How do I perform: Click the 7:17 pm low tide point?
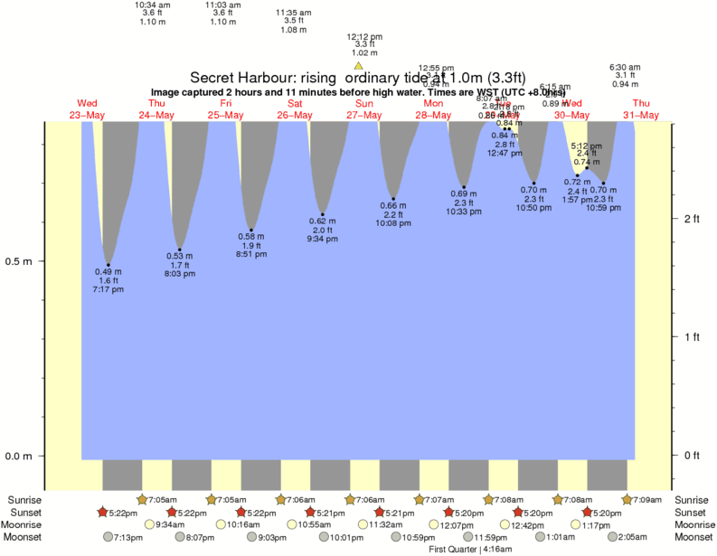pos(108,265)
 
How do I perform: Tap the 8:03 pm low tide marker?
pos(180,250)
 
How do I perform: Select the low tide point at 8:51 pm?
pos(251,231)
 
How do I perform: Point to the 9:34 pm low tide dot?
pos(322,214)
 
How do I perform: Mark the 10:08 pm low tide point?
pos(393,198)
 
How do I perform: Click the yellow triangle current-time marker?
pos(359,66)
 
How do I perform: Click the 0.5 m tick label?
pos(19,262)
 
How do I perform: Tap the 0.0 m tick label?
pos(19,457)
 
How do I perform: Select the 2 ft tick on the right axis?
pos(692,220)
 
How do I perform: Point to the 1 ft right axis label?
pos(692,338)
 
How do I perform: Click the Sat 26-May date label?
pos(295,109)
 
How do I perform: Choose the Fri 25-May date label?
pos(225,109)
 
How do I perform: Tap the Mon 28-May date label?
pos(433,109)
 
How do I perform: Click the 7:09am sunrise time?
pos(645,500)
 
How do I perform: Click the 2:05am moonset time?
pos(631,537)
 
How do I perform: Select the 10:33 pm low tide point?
pos(464,187)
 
